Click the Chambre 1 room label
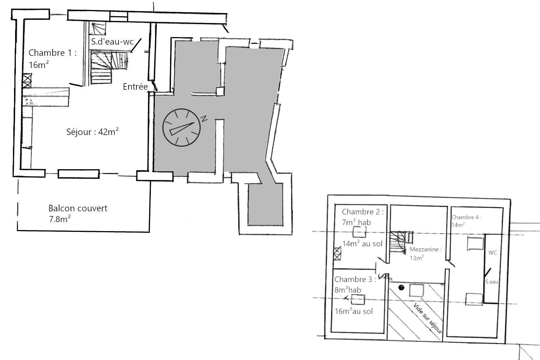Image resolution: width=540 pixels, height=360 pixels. (x=52, y=53)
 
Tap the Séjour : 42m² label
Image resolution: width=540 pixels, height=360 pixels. (x=93, y=132)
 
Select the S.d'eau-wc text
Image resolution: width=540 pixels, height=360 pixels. (x=112, y=41)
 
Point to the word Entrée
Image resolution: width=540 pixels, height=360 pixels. (x=135, y=86)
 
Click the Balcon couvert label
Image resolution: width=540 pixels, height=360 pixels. (x=78, y=208)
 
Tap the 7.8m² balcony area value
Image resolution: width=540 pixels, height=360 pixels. (x=60, y=219)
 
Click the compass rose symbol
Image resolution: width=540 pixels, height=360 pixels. (x=181, y=127)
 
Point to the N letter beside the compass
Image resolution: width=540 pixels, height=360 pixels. (x=204, y=118)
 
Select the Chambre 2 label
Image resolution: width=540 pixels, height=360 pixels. (x=363, y=212)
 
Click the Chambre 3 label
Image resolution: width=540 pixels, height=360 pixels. (x=355, y=279)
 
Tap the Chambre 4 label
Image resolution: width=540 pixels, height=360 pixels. (x=466, y=217)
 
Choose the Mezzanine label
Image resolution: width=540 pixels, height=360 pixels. (x=426, y=249)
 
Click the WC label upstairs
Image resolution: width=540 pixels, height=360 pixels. (x=492, y=252)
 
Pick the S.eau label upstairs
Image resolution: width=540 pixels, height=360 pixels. (x=492, y=282)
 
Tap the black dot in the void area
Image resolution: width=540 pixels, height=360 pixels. (x=401, y=287)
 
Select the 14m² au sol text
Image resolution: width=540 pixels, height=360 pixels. (x=362, y=243)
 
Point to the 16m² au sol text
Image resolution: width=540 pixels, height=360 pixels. (x=354, y=311)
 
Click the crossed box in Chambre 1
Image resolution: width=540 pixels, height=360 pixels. (x=27, y=81)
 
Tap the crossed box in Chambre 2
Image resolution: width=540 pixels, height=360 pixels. (x=337, y=253)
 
